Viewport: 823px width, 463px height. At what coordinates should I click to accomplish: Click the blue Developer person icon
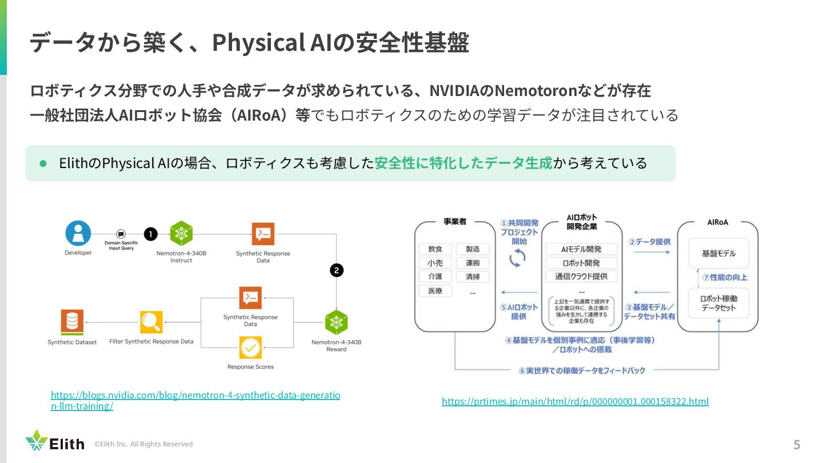[78, 233]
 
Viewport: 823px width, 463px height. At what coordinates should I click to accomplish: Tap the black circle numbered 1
[150, 234]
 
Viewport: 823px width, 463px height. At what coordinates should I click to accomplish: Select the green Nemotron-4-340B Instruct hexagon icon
[181, 234]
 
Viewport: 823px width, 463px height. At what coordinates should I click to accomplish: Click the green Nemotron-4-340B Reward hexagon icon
[336, 322]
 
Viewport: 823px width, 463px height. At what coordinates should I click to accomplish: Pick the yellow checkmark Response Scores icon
[250, 348]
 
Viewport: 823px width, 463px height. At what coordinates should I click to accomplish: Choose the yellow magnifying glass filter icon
[151, 322]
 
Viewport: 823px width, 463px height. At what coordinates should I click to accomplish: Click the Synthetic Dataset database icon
[72, 322]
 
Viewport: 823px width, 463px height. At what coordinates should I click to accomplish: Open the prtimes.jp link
[575, 401]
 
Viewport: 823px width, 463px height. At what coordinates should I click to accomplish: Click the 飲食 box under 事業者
[435, 249]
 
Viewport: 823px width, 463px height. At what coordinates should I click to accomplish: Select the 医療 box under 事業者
[435, 291]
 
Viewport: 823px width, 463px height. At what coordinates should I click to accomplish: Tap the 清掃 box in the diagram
[473, 277]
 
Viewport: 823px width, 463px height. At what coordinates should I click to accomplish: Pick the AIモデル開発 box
[581, 249]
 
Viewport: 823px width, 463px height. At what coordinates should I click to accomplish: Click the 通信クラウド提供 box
[581, 277]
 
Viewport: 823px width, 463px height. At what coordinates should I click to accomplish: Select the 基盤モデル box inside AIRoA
[718, 253]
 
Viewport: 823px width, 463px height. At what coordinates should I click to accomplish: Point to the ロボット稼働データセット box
[718, 303]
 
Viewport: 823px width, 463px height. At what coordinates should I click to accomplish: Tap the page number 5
[797, 445]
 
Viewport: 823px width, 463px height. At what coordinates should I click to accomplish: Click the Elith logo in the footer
[55, 441]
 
